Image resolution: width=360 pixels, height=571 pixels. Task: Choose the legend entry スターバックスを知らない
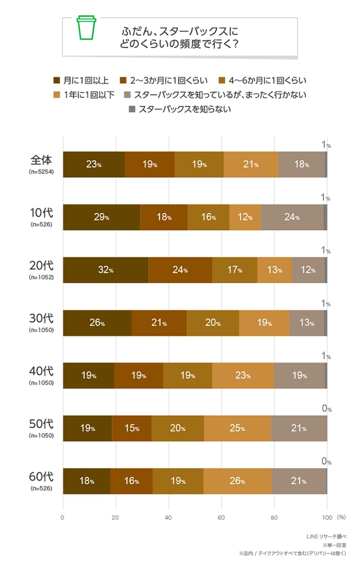pos(179,109)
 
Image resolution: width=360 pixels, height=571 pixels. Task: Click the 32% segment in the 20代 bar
pos(105,270)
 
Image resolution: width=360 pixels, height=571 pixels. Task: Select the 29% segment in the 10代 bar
pos(101,217)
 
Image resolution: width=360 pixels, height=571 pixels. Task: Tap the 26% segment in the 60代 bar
pos(237,481)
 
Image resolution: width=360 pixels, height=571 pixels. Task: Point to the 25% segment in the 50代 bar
pos(237,429)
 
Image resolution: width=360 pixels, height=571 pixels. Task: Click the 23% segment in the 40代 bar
pos(243,376)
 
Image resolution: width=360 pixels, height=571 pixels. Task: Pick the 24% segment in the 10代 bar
pos(292,217)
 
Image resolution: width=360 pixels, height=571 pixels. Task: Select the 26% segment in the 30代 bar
pos(97,323)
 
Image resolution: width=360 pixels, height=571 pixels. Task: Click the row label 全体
pos(41,160)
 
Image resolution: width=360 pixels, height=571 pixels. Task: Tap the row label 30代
pos(41,318)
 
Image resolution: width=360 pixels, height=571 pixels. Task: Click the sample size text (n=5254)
pos(41,171)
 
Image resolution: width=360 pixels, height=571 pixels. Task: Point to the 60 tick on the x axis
pos(221,518)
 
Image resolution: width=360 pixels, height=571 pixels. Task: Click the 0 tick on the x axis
pos(63,518)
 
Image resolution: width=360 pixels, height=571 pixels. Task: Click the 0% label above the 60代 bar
pos(326,462)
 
